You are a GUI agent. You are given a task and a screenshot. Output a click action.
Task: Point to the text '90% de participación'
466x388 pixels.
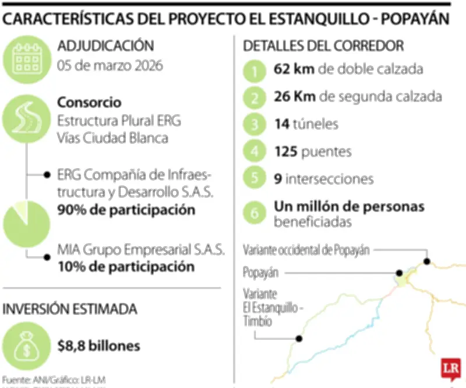pos(126,210)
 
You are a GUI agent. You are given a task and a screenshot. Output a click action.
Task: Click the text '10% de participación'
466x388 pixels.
pos(125,267)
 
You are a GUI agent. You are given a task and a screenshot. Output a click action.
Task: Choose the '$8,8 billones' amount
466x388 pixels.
pos(98,346)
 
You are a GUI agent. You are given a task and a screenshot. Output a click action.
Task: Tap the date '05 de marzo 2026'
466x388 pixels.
pos(110,65)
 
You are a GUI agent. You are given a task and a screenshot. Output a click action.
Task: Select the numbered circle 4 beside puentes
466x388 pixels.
pos(255,152)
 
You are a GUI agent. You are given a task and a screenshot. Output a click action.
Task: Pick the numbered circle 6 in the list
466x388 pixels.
pos(255,213)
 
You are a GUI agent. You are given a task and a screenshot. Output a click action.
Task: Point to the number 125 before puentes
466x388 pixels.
pos(287,152)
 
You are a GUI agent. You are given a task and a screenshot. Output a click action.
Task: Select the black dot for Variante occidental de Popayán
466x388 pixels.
pos(427,262)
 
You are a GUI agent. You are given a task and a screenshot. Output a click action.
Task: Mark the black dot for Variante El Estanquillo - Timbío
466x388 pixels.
pos(299,338)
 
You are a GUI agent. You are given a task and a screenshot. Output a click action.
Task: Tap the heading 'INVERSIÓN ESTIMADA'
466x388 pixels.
pos(70,309)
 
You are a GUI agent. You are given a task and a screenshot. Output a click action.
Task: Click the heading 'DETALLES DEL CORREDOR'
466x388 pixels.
pos(323,45)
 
